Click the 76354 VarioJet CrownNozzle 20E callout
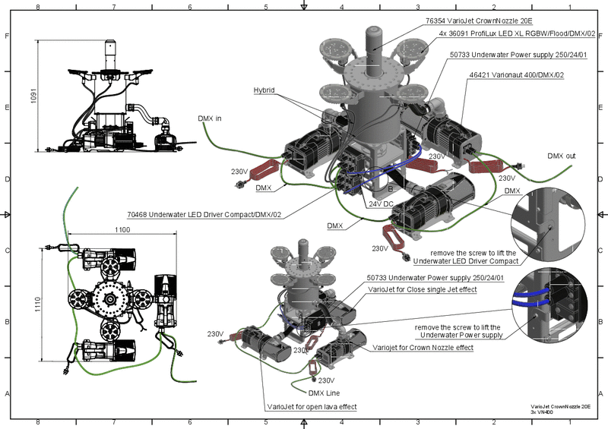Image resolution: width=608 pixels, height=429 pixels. click(483, 21)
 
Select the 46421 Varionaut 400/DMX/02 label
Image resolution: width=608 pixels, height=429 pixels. click(517, 76)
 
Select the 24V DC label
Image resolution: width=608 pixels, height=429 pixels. click(378, 204)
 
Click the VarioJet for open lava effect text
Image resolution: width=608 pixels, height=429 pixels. click(312, 407)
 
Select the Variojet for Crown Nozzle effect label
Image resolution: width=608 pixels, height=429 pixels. click(423, 347)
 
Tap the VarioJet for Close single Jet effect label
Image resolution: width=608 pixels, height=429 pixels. click(422, 289)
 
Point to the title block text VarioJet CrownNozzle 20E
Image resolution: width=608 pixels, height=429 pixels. click(565, 407)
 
